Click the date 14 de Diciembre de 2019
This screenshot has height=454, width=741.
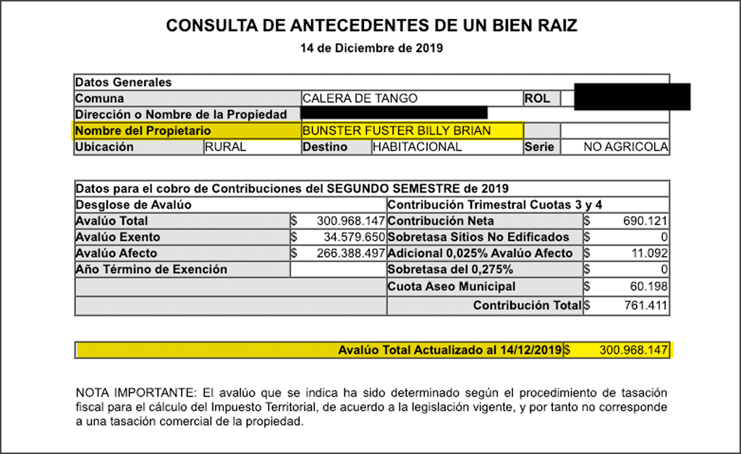(x=371, y=49)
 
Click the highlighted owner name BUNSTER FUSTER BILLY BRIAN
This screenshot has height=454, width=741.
(x=397, y=131)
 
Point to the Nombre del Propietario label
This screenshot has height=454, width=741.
(x=143, y=131)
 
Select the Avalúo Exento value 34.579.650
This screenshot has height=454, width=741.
(x=350, y=237)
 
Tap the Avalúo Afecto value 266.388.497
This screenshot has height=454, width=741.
(x=350, y=253)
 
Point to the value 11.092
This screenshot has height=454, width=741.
(x=648, y=253)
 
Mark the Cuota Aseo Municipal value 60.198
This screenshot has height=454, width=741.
(x=648, y=286)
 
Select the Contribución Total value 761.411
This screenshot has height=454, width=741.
(x=645, y=306)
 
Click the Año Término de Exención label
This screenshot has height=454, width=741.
(x=151, y=269)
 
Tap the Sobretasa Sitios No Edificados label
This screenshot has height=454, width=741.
(x=478, y=237)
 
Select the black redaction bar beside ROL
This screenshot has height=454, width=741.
(x=632, y=97)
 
